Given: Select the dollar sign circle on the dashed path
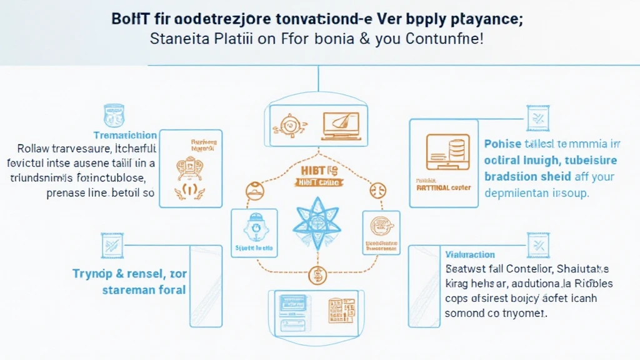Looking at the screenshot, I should pyautogui.click(x=318, y=274).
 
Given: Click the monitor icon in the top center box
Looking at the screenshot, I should pyautogui.click(x=340, y=124).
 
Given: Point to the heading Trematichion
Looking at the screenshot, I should pyautogui.click(x=125, y=135).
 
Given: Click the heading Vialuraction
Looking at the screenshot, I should pyautogui.click(x=470, y=254).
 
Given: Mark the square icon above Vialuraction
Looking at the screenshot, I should pyautogui.click(x=537, y=245).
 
